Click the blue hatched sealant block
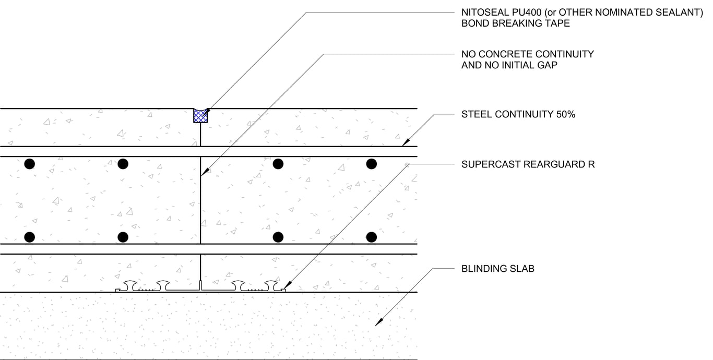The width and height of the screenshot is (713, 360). pos(200,116)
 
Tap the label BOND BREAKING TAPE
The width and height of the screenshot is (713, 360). pos(515,23)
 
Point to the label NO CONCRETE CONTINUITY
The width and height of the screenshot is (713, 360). pos(528,54)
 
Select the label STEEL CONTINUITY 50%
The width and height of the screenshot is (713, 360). pos(518,114)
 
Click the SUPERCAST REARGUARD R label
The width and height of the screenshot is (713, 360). pos(528,164)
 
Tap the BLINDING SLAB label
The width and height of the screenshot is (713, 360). pos(498,269)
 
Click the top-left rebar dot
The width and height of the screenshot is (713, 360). pos(30,164)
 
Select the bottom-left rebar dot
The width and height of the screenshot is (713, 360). pos(30,237)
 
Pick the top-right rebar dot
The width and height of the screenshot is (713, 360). pos(371,164)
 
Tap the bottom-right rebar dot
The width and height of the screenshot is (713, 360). pos(371,237)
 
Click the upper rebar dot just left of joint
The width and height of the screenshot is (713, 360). pos(123,164)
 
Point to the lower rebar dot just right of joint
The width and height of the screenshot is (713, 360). pos(278,237)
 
